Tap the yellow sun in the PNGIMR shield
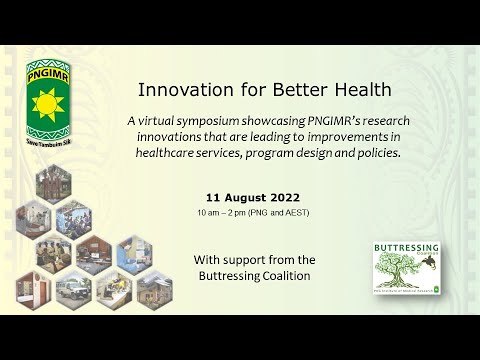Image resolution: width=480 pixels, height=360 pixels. tap(49, 104)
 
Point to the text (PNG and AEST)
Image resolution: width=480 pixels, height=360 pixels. tap(284, 214)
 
